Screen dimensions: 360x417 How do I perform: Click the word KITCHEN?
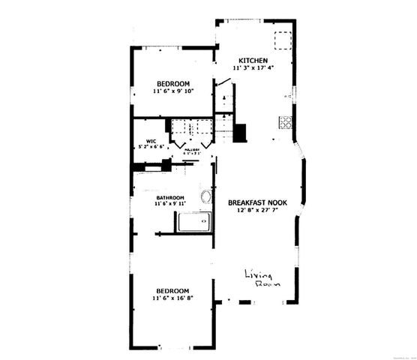click(253, 61)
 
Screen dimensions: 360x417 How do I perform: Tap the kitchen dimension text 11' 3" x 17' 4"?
click(253, 68)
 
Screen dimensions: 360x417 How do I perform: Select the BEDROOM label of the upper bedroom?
click(172, 83)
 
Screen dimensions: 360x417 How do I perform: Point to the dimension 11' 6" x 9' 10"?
click(172, 91)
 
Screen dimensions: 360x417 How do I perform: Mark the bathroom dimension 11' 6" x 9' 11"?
click(171, 204)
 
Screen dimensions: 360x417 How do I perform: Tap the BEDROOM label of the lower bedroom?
click(172, 291)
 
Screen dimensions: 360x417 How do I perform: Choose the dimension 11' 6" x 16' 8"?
click(172, 299)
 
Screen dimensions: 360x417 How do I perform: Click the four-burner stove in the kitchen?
click(285, 122)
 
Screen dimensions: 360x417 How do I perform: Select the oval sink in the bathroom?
click(206, 198)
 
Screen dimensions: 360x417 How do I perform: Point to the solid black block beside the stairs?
click(240, 132)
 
